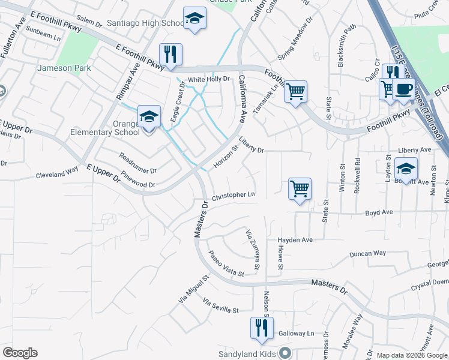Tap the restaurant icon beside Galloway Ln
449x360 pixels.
tap(261, 328)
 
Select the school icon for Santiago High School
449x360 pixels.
tap(194, 19)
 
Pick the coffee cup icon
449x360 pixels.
tap(403, 89)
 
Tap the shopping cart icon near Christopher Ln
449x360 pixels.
tap(300, 188)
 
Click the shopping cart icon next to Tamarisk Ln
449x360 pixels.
tap(295, 92)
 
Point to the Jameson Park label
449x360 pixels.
tap(64, 68)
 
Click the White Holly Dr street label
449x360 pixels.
tap(209, 79)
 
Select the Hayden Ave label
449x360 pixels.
tap(295, 240)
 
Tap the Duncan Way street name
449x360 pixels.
tap(369, 254)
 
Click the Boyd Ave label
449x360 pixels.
tap(379, 212)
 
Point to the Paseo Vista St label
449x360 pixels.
tap(226, 264)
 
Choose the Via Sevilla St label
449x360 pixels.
tap(221, 305)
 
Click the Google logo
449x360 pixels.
tap(20, 353)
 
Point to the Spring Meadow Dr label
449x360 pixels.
tap(295, 43)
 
